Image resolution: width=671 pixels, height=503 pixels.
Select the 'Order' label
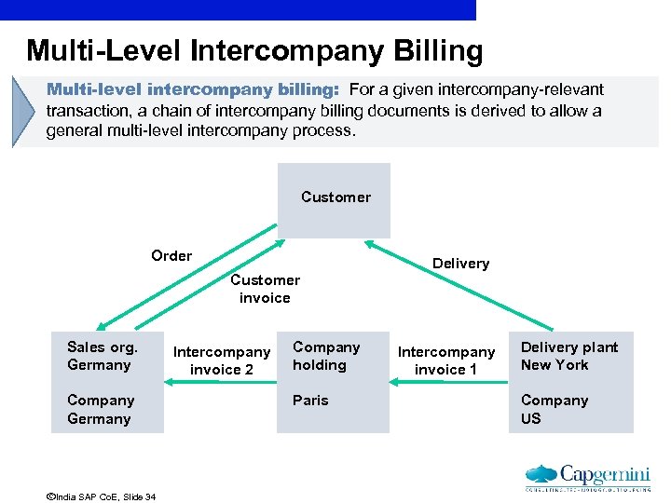(171, 256)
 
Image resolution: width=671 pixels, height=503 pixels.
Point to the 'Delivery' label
(460, 264)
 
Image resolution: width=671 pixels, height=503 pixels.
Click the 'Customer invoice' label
(265, 289)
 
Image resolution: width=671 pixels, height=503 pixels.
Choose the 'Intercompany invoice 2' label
(222, 360)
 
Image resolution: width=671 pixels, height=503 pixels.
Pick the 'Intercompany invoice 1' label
(446, 360)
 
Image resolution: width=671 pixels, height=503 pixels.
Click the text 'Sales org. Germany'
(103, 356)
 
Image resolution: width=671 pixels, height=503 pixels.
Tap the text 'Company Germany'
(101, 410)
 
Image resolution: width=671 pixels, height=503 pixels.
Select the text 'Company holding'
(326, 356)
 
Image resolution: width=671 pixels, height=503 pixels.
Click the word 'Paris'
(310, 401)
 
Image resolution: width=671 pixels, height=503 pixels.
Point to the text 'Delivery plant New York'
(568, 356)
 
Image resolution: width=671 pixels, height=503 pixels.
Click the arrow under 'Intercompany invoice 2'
(222, 381)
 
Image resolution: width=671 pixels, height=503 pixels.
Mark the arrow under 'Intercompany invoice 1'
(446, 381)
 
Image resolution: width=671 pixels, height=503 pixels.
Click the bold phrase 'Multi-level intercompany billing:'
(194, 90)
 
